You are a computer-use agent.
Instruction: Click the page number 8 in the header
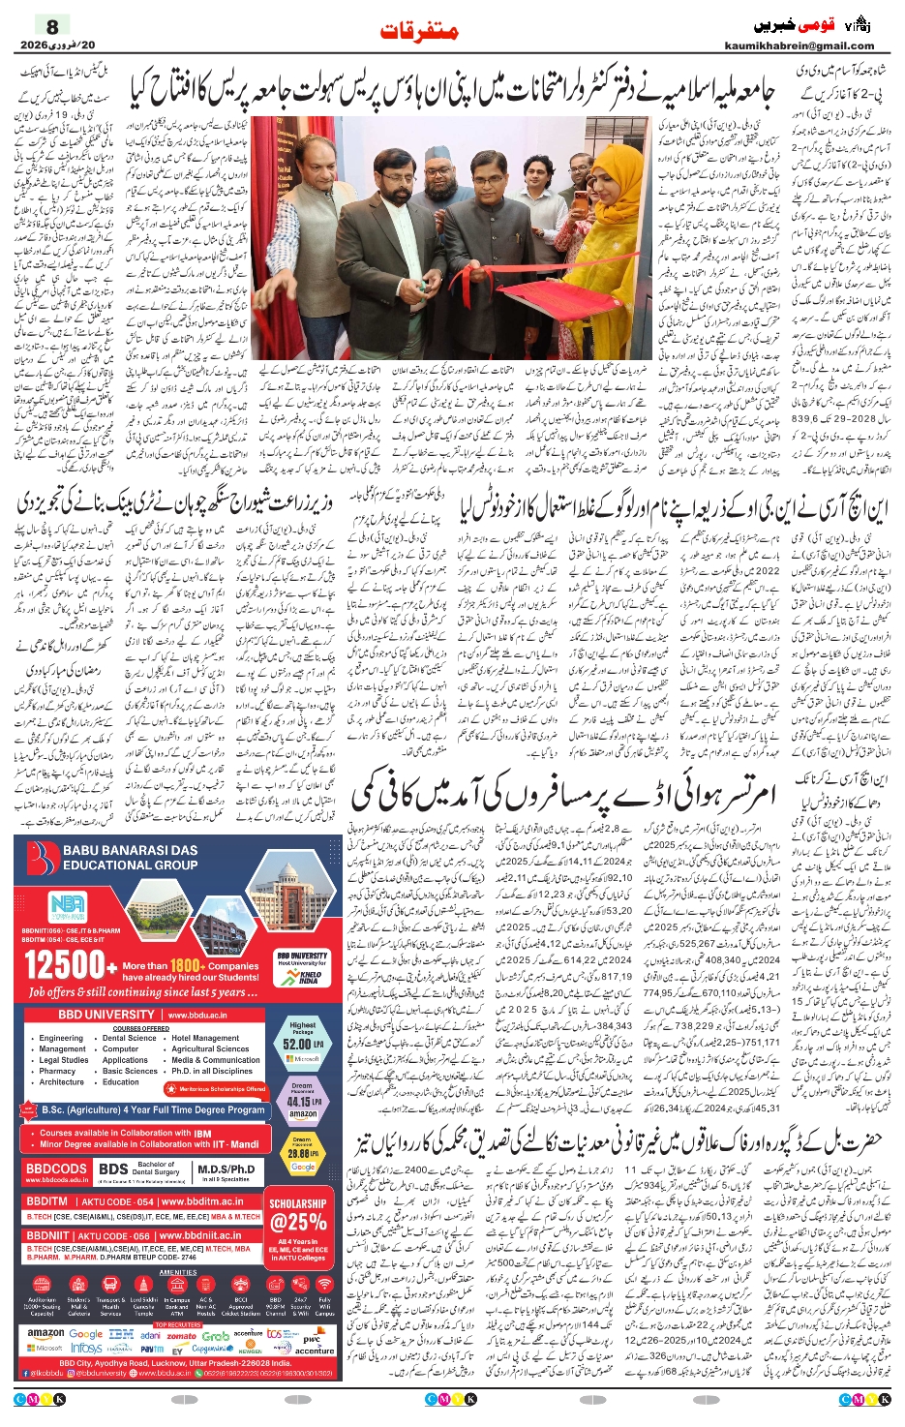52,26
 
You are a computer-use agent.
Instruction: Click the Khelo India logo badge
303,973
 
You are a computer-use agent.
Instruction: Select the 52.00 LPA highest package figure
302,1044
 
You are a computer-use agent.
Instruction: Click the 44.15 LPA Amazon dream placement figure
302,1101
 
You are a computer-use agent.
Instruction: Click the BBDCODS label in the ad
57,1169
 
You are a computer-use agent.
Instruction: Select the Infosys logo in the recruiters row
86,1348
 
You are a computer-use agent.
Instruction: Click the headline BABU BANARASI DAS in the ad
131,850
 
